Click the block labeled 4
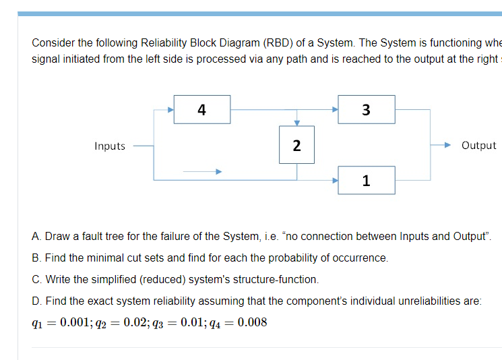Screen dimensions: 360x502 (x=202, y=109)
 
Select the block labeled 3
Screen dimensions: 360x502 (x=366, y=109)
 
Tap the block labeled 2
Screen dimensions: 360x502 (x=296, y=145)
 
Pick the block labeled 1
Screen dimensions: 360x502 (x=366, y=180)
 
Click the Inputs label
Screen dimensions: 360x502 (x=110, y=146)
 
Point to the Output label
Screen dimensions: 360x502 (x=478, y=145)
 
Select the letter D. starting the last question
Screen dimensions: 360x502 (x=37, y=301)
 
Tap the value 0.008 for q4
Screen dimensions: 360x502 (x=252, y=322)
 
